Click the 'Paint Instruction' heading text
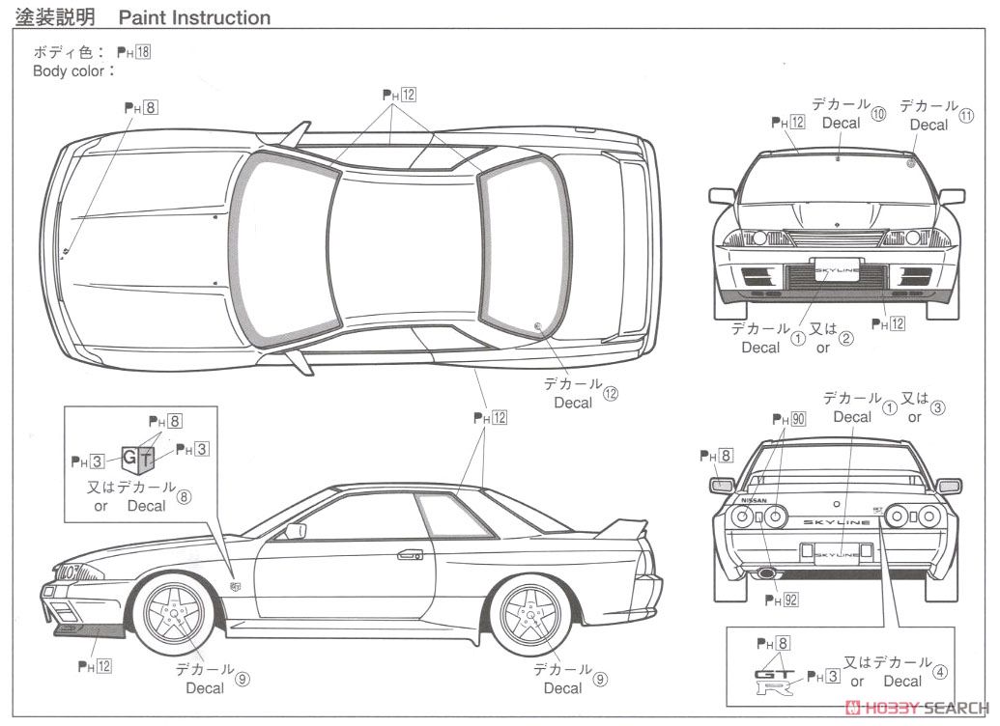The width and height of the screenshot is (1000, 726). point(194,17)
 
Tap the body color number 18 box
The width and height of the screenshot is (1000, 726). point(143,53)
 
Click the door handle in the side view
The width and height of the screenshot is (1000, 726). point(410,555)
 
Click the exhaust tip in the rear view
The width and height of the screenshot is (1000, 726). point(766,572)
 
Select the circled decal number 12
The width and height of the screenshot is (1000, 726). point(611,393)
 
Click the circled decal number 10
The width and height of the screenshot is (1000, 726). point(878,113)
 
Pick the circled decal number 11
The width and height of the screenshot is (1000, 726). point(967,116)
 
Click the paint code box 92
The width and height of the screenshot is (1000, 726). point(790,600)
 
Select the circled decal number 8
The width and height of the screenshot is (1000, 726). point(185,497)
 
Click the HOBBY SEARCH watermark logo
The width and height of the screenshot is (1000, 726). point(917,709)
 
